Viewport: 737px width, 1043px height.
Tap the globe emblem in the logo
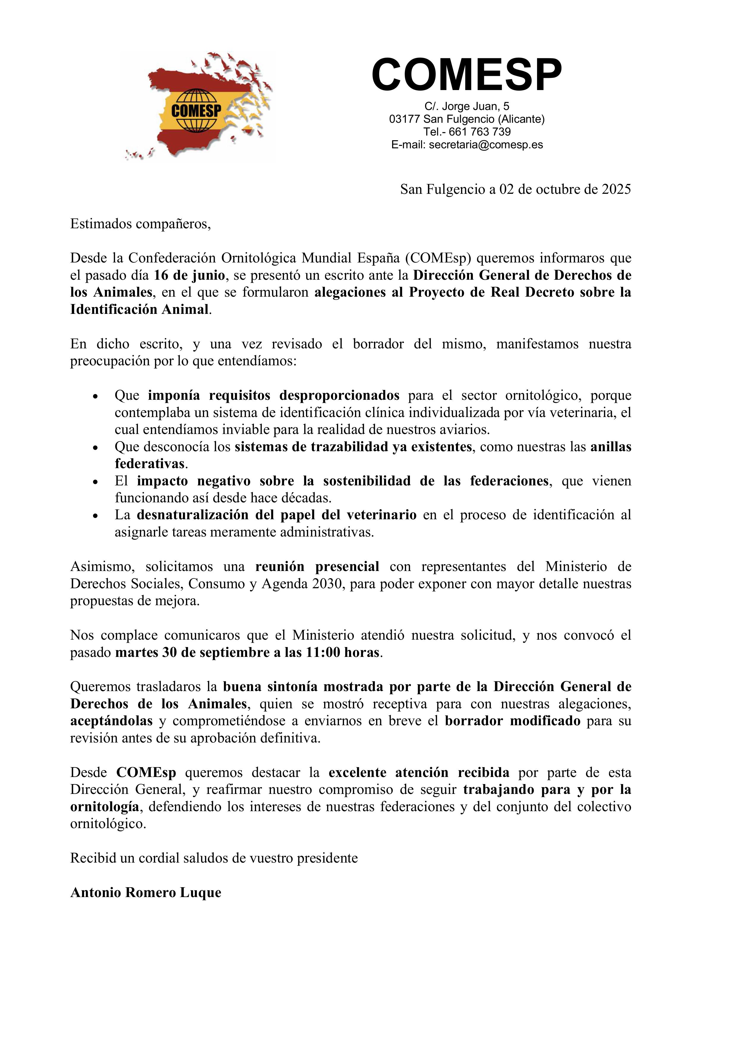click(196, 110)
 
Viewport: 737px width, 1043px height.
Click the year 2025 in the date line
click(616, 189)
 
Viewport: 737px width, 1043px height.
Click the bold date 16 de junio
click(189, 275)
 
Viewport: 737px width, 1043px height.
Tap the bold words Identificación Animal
click(139, 309)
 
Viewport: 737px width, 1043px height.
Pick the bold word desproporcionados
click(339, 395)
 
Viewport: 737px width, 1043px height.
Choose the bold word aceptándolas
click(111, 721)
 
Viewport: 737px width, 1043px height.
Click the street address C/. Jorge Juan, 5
click(466, 106)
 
